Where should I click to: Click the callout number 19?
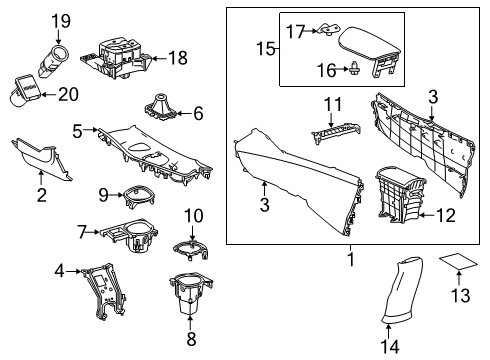pyautogui.click(x=62, y=20)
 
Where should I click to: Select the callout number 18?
pyautogui.click(x=177, y=59)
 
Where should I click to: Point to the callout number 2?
pyautogui.click(x=42, y=195)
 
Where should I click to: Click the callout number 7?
pyautogui.click(x=82, y=231)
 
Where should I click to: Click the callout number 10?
pyautogui.click(x=193, y=215)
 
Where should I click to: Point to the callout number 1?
pyautogui.click(x=350, y=259)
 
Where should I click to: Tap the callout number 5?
pyautogui.click(x=77, y=130)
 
